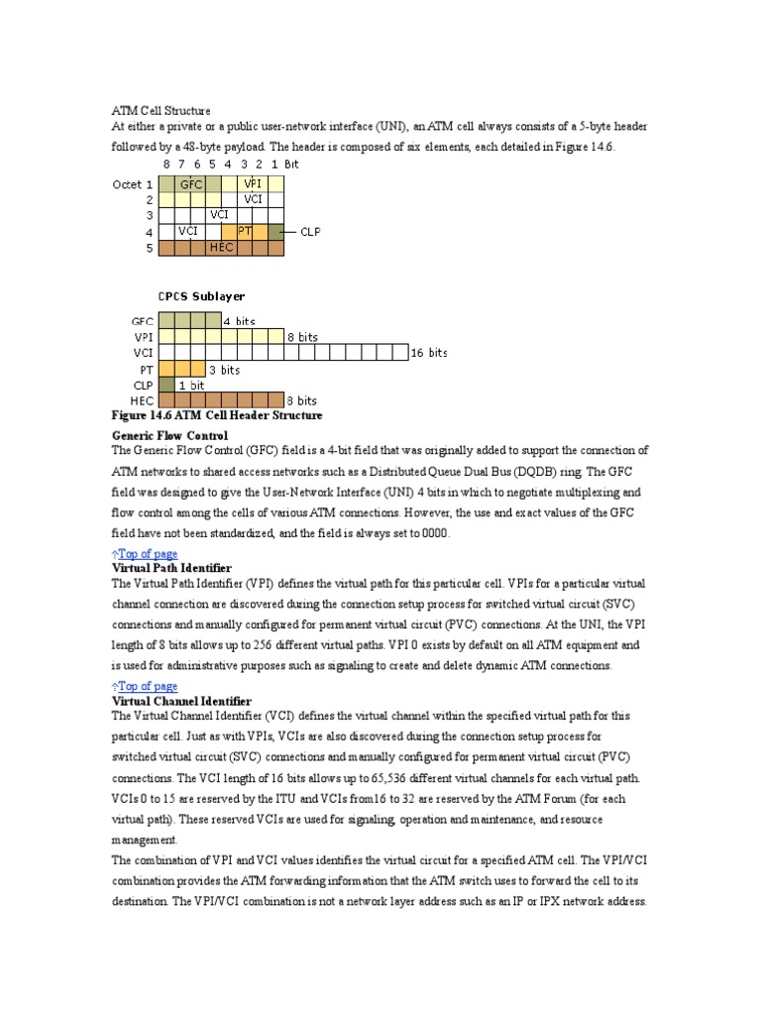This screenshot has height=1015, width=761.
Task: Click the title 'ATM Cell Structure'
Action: pos(161,111)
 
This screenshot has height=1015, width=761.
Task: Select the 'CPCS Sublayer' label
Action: pos(202,296)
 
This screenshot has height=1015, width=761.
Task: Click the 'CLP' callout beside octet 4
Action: pos(310,232)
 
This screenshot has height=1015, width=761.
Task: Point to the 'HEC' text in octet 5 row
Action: pos(221,248)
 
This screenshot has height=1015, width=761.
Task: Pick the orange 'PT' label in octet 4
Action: pos(245,231)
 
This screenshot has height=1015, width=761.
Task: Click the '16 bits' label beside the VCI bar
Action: pos(430,353)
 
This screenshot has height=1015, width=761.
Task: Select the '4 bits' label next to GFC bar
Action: pos(239,321)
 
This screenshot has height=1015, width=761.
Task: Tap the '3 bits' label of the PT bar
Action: pos(224,370)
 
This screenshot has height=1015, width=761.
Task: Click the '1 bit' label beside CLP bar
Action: pos(192,386)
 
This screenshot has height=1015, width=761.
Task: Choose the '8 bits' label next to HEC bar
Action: pos(302,401)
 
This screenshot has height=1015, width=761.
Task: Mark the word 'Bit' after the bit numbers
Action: pos(291,165)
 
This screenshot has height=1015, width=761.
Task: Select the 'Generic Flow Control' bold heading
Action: pos(169,435)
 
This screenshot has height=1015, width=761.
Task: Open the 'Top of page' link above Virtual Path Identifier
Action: pos(147,554)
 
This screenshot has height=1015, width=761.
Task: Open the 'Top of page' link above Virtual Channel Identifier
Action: pos(147,686)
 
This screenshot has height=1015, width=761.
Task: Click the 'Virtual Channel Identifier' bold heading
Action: pos(181,701)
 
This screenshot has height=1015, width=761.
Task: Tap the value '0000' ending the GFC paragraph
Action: pos(435,533)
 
